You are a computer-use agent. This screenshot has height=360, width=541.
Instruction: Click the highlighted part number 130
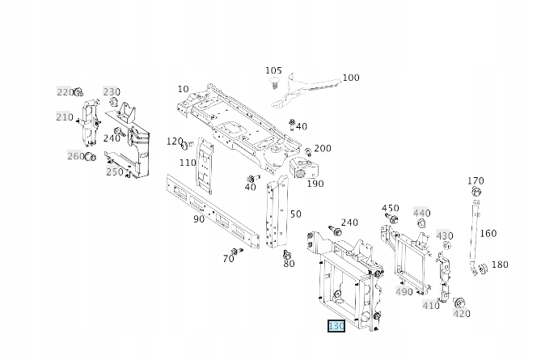(336, 326)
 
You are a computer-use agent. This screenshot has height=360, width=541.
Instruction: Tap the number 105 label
(273, 71)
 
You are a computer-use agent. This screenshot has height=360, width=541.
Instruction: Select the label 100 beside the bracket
(351, 78)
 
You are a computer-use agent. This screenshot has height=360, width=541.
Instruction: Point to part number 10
(183, 89)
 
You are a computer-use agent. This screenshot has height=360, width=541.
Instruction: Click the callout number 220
(65, 92)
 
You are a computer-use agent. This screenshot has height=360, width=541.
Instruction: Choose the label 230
(111, 92)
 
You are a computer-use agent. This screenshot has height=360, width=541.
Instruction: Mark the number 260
(75, 156)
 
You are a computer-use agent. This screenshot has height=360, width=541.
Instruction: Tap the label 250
(115, 172)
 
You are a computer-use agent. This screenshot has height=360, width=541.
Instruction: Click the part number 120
(175, 142)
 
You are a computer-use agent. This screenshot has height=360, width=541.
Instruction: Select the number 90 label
(199, 219)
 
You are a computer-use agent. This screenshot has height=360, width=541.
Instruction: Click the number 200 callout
(323, 149)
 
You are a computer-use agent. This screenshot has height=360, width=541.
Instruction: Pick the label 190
(315, 184)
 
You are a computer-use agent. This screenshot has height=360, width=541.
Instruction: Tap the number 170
(475, 181)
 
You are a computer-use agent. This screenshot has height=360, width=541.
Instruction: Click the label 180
(500, 265)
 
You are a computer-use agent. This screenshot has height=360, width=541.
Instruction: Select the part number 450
(391, 209)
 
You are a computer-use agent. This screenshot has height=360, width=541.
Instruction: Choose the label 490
(404, 291)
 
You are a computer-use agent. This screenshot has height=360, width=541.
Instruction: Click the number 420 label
(462, 314)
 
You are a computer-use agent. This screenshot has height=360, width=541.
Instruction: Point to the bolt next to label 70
(236, 252)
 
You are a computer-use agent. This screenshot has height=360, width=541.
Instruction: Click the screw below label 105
(275, 83)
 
